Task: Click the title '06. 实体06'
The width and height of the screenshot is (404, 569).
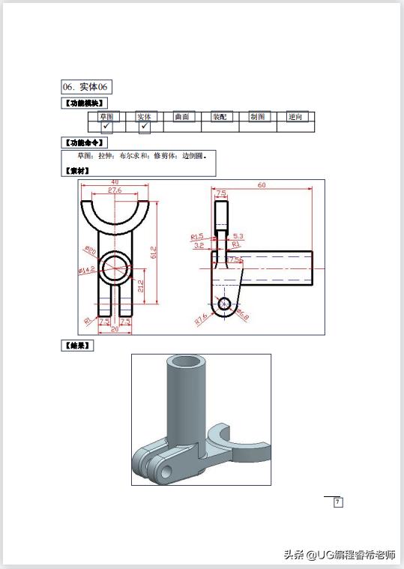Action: coord(87,88)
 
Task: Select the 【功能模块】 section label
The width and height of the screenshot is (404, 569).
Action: coord(83,103)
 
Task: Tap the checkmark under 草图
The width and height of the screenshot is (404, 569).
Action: coord(106,127)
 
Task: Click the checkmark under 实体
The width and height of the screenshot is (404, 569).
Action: coord(144,127)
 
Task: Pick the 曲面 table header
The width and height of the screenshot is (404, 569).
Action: coord(182,117)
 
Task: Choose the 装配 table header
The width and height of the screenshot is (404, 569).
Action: coord(220,117)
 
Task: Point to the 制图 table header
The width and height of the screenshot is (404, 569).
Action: coord(257,117)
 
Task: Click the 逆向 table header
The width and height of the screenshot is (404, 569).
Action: coord(295,117)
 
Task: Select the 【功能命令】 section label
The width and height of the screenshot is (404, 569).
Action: coord(83,142)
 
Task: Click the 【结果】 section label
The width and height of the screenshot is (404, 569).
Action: coord(76,346)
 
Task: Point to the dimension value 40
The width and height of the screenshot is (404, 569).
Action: coord(115,182)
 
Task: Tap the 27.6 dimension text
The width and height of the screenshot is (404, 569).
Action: coord(115,190)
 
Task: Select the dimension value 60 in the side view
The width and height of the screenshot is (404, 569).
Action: coord(262,185)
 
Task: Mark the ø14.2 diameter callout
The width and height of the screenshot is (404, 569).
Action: coord(86,269)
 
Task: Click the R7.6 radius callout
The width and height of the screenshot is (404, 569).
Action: coord(201,319)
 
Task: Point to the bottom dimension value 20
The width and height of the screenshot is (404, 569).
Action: coord(115,329)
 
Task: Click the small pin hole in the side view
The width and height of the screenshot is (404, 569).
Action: coord(223,304)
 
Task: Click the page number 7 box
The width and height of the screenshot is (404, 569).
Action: coord(337,502)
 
